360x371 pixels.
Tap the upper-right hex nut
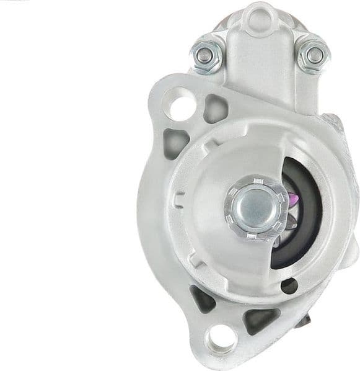point(314,55)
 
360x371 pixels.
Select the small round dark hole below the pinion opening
point(289,286)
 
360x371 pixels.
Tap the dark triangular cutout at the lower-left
point(201,299)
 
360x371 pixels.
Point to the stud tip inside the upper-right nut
point(315,55)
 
